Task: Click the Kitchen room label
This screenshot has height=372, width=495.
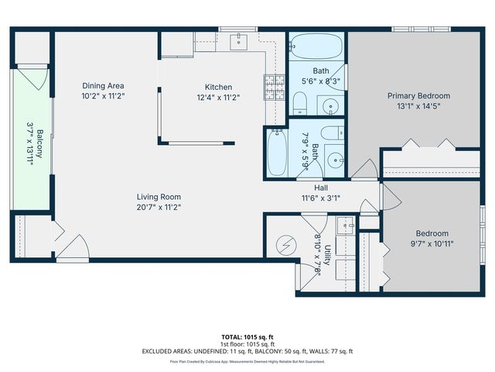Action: pyautogui.click(x=218, y=87)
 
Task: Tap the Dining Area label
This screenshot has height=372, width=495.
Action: pyautogui.click(x=103, y=86)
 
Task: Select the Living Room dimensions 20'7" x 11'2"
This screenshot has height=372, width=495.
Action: pyautogui.click(x=159, y=207)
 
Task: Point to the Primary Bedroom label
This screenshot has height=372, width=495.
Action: pyautogui.click(x=418, y=96)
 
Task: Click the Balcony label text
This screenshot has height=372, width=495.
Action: pyautogui.click(x=39, y=143)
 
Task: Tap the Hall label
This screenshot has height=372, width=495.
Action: pyautogui.click(x=321, y=188)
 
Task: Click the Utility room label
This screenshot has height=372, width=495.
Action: pyautogui.click(x=327, y=255)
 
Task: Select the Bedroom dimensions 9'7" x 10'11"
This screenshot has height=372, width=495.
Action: pyautogui.click(x=432, y=244)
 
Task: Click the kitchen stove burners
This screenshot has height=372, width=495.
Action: pyautogui.click(x=275, y=87)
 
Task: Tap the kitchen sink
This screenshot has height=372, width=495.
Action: pyautogui.click(x=239, y=42)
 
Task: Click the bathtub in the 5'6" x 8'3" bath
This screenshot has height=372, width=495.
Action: pyautogui.click(x=316, y=46)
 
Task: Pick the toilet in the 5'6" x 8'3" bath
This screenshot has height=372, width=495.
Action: pyautogui.click(x=300, y=103)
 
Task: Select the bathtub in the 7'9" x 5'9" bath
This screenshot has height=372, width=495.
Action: pyautogui.click(x=277, y=153)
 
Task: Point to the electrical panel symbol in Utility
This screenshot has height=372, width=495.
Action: pyautogui.click(x=286, y=246)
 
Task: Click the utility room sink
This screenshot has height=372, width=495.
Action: pyautogui.click(x=346, y=226)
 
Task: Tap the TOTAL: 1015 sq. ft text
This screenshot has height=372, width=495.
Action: pyautogui.click(x=247, y=337)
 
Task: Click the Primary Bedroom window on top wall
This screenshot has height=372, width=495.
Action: pyautogui.click(x=421, y=29)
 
